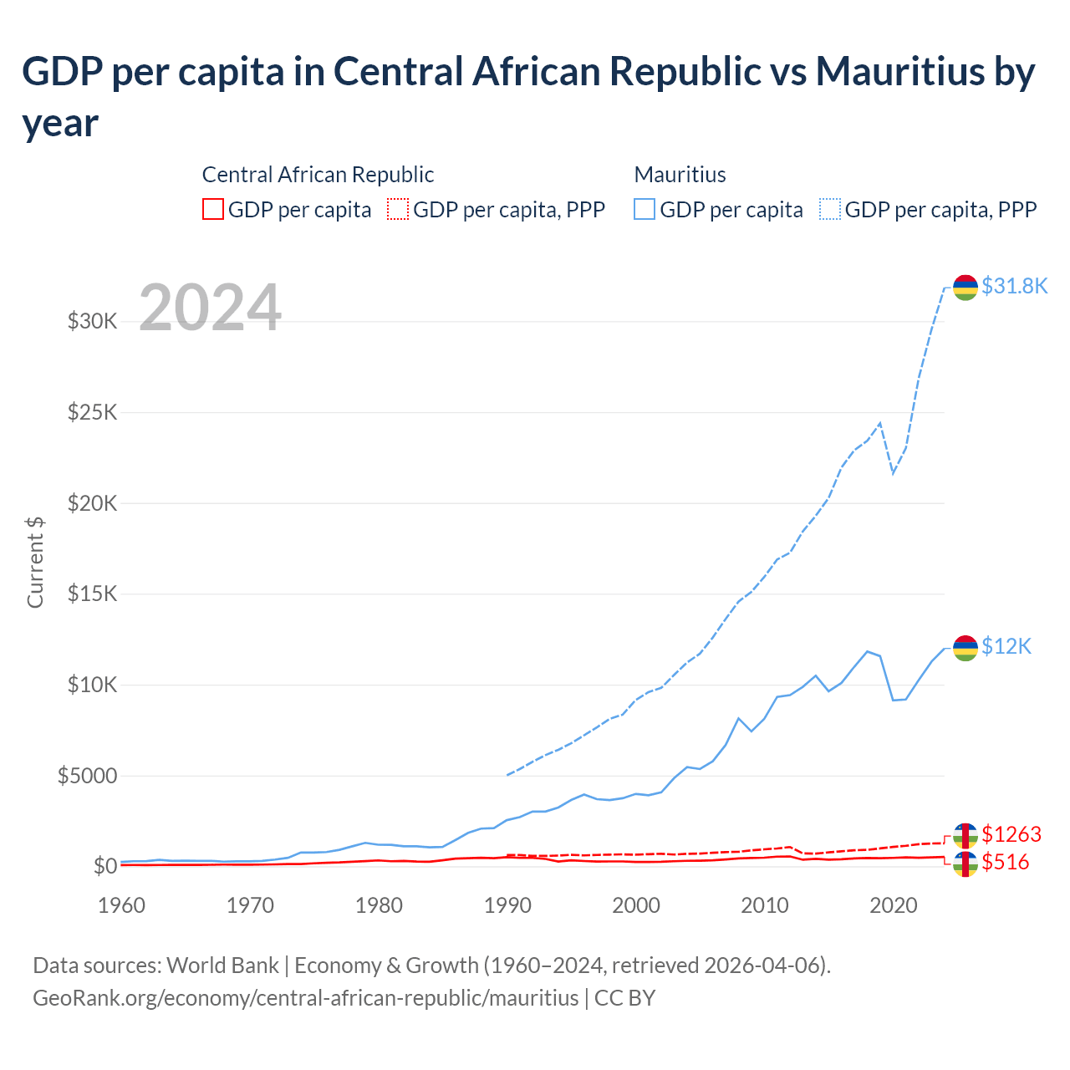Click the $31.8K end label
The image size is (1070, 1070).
coord(1014,287)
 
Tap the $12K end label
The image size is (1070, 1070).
coord(1006,647)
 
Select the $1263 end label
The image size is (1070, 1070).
coord(1011,834)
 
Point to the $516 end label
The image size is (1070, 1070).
coord(1006,863)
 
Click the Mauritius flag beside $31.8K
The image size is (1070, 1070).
coord(966,288)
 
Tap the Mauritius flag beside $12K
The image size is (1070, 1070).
coord(966,648)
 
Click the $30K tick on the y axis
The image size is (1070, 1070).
coord(92,321)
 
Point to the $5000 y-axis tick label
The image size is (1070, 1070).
coord(87,776)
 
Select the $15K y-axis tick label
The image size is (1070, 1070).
coord(92,594)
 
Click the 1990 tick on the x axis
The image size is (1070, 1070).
coord(507,905)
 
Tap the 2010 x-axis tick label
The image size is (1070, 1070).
coord(765,905)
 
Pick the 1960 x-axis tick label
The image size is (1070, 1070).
coord(122,905)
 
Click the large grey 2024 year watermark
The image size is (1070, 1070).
coord(210,308)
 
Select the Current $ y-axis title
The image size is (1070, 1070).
coord(35,562)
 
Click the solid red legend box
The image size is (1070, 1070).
coord(213,209)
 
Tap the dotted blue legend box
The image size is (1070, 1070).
coord(830,209)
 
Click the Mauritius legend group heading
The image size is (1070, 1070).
coord(680,175)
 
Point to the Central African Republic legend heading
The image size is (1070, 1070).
coord(318,175)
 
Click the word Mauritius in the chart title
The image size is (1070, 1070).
coord(900,72)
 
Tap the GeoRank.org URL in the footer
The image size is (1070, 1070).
coord(305,998)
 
